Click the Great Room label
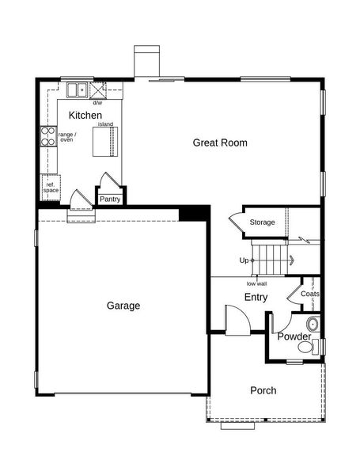point(220,142)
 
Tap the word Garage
point(123,306)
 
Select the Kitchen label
point(85,115)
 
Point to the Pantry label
point(110,199)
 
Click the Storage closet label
point(262,222)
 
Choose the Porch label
point(263,390)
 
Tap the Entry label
point(256,297)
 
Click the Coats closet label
point(309,294)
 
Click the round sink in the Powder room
point(313,325)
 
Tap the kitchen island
point(104,142)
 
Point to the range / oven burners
point(48,136)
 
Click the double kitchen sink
point(78,90)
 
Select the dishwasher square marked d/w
point(98,90)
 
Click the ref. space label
point(51,188)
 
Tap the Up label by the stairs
point(244,260)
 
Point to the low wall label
point(256,284)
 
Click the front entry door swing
point(237,320)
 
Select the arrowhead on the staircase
point(292,260)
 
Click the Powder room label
point(294,336)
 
